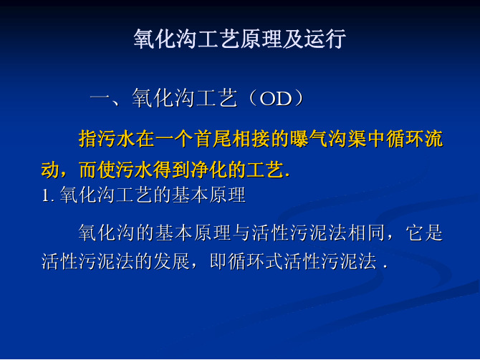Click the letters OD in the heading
click(275, 99)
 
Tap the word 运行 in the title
click(325, 39)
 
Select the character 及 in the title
click(293, 39)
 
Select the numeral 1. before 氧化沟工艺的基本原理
click(48, 195)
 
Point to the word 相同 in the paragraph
click(366, 233)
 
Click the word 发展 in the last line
click(172, 261)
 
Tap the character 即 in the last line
click(219, 261)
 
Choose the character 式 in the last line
click(274, 261)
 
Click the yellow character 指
click(88, 139)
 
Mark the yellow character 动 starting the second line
click(51, 170)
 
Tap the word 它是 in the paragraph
click(424, 233)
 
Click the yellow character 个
click(183, 139)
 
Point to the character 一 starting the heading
click(100, 99)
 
